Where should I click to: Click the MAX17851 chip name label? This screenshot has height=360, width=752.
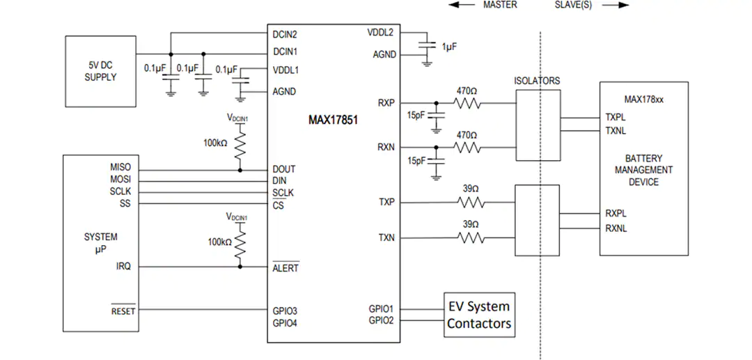click(334, 120)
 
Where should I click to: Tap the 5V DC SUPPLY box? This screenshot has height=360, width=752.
click(101, 71)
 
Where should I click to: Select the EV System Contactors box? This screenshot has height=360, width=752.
click(479, 315)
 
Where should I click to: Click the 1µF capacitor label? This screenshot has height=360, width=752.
click(449, 47)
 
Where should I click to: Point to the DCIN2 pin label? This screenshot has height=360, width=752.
click(285, 35)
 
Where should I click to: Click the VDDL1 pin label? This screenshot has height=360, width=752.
click(285, 70)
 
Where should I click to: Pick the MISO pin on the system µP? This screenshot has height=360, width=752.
click(120, 167)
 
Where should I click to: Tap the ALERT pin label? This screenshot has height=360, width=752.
click(286, 267)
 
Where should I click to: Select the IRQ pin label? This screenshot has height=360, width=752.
click(123, 266)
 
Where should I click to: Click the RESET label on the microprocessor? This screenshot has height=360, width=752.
click(123, 311)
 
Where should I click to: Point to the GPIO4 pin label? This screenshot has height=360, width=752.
click(285, 322)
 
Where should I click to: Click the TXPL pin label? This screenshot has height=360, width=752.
click(616, 117)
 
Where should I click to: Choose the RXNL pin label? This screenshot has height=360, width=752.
click(616, 228)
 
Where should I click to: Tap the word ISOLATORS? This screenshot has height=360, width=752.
click(538, 81)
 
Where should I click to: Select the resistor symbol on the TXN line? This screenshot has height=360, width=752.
click(471, 237)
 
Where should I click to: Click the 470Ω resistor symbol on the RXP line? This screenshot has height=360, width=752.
click(467, 103)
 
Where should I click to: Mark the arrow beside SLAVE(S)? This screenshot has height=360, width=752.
click(616, 6)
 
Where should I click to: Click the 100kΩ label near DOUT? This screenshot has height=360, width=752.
click(216, 142)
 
